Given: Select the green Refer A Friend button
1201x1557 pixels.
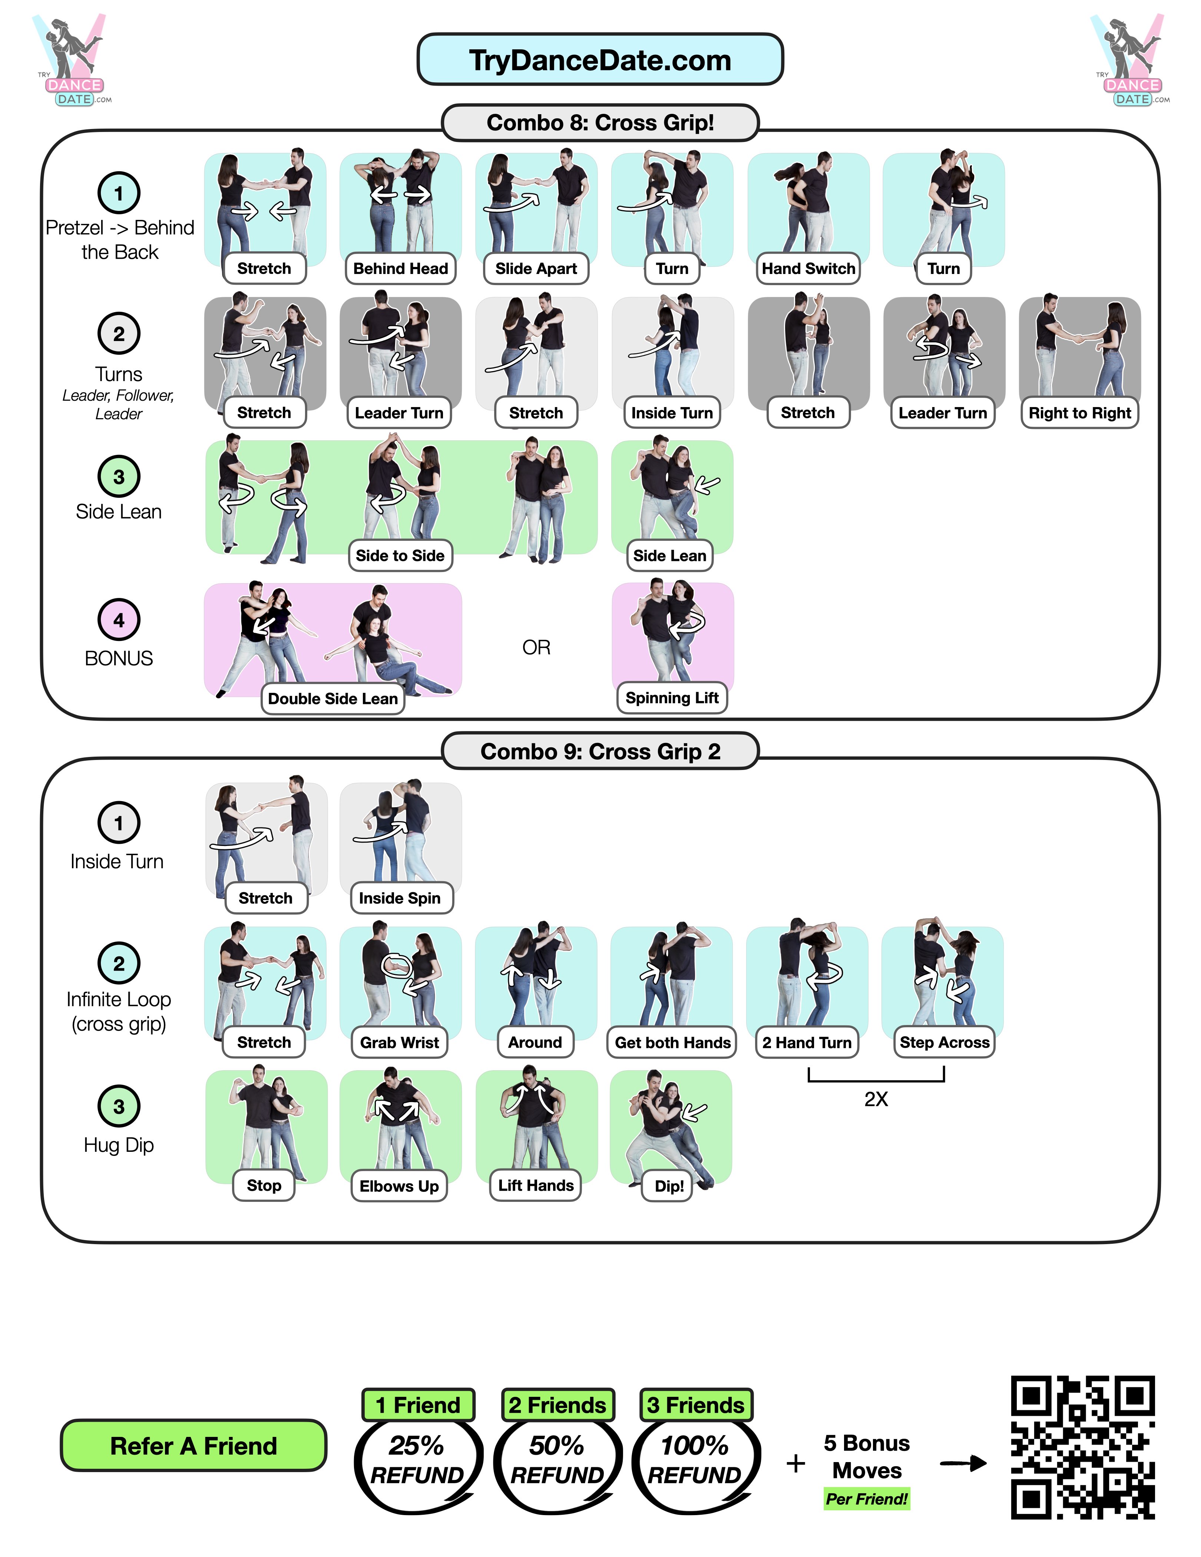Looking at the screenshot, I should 193,1445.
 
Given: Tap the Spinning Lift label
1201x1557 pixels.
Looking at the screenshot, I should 671,698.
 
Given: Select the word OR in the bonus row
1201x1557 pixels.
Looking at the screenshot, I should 536,647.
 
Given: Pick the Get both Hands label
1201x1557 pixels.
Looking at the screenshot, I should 672,1042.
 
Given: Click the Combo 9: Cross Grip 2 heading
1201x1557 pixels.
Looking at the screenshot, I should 600,751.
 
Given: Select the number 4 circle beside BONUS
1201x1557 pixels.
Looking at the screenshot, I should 119,619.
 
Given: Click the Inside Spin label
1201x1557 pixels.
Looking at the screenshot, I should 400,898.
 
